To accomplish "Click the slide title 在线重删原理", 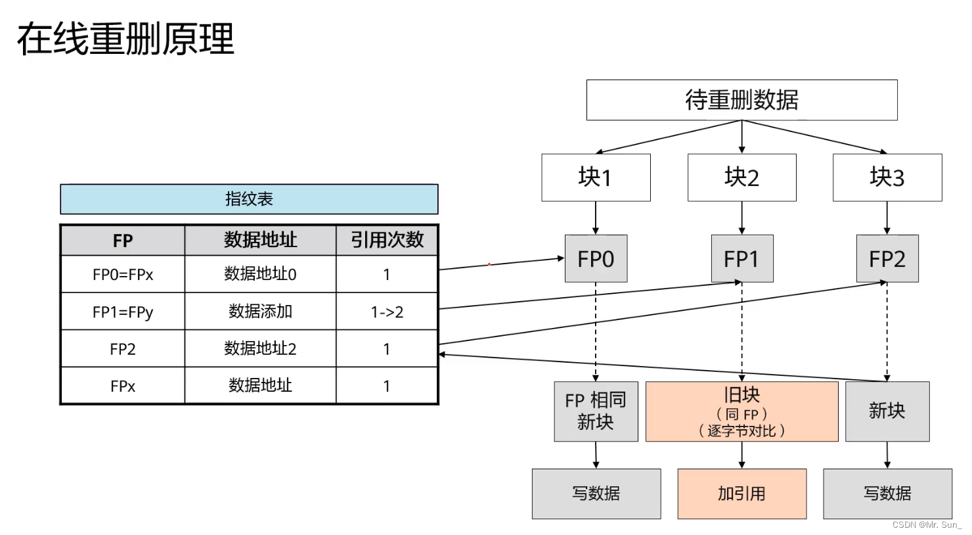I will click(x=125, y=39).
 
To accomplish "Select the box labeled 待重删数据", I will click(x=741, y=100).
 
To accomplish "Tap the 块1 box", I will click(x=596, y=177).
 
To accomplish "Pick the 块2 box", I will click(x=741, y=177).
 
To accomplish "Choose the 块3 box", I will click(x=887, y=177).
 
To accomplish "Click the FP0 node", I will click(x=596, y=259).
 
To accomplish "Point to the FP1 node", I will click(x=741, y=259).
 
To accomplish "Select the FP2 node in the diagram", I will click(x=887, y=259).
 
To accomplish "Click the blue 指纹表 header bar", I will click(x=249, y=199).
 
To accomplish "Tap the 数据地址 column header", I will click(x=260, y=240).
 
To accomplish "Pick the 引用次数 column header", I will click(x=387, y=240).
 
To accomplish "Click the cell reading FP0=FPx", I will click(x=123, y=275).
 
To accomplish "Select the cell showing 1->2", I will click(x=387, y=312).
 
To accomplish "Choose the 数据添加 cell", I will click(x=260, y=312).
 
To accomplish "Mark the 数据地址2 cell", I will click(x=260, y=348).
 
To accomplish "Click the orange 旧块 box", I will click(x=741, y=411).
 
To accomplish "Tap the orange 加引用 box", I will click(x=741, y=494).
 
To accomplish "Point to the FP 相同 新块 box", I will click(x=596, y=411).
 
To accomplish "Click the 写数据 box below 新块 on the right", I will click(x=887, y=494).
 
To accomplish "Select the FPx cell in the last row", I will click(x=123, y=386).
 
